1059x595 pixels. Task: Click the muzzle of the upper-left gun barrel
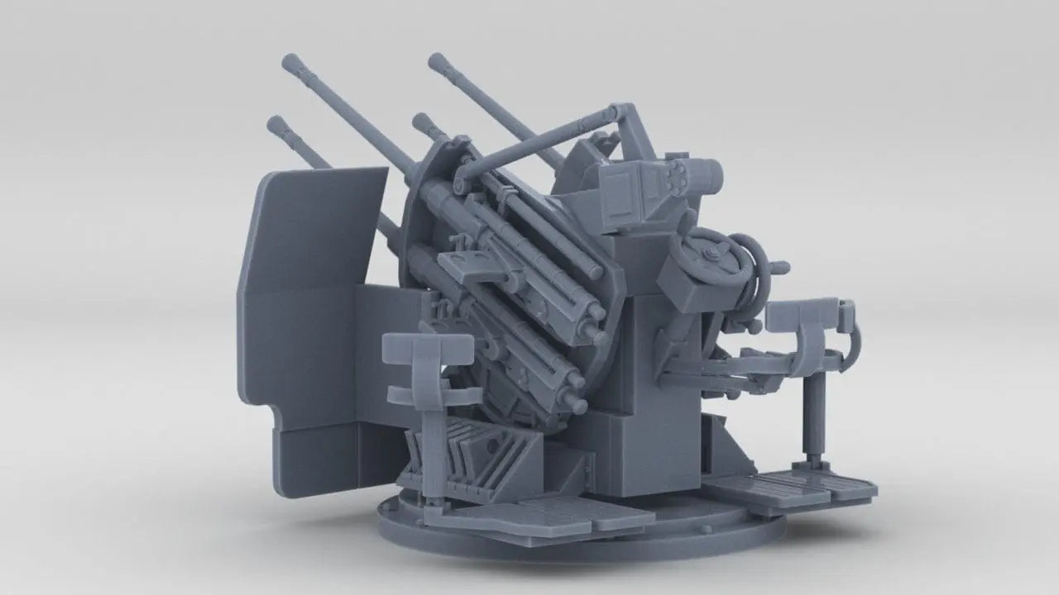click(290, 62)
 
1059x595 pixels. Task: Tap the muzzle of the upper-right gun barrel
click(436, 60)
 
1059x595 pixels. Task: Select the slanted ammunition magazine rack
click(480, 455)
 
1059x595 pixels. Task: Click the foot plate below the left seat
click(538, 516)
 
